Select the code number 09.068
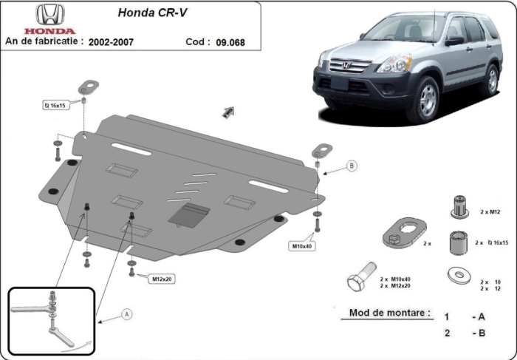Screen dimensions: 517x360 [x=230, y=43]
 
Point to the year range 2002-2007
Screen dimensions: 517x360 [x=111, y=43]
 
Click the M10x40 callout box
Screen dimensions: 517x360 [x=301, y=245]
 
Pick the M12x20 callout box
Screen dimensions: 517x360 [x=162, y=279]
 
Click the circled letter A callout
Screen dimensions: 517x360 [x=126, y=315]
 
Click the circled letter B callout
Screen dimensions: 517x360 [x=352, y=166]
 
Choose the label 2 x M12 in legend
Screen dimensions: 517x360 [x=490, y=212]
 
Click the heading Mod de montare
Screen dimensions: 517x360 [x=386, y=313]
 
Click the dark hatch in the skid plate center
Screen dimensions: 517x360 [x=188, y=215]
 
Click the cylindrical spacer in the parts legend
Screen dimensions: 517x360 [x=458, y=242]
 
